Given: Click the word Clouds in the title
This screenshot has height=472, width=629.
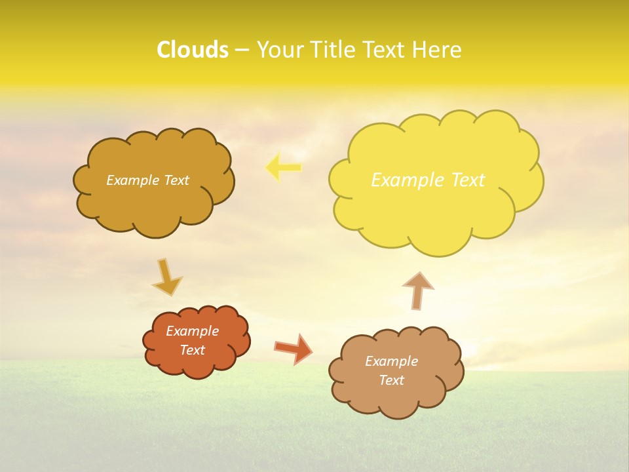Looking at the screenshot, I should coord(193,50).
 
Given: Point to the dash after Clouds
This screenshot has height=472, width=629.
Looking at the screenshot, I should coord(242,50).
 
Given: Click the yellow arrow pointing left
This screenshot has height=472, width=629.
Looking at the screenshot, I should coord(283,167).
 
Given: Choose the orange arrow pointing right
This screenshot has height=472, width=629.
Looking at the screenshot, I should coord(294,349).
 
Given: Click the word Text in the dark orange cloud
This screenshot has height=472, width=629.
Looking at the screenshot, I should coord(193,350).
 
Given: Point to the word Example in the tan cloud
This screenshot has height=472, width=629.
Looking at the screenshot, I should coord(391,361).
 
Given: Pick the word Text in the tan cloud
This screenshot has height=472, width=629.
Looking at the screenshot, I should coord(391,380).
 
